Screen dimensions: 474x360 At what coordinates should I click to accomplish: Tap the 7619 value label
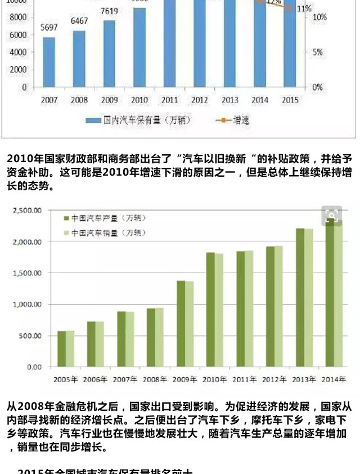[109, 11]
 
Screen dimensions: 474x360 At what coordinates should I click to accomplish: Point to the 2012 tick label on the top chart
[199, 100]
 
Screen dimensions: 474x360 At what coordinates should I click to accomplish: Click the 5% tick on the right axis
[318, 52]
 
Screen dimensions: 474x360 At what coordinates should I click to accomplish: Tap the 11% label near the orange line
[304, 8]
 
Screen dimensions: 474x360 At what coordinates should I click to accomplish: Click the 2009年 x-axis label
[185, 379]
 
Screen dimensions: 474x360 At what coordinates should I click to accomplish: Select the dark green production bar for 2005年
[62, 349]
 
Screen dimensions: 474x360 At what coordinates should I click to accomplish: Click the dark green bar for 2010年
[210, 310]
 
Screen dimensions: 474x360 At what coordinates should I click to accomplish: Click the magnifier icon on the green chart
[332, 216]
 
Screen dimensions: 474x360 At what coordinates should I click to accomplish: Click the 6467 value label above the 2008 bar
[79, 21]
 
